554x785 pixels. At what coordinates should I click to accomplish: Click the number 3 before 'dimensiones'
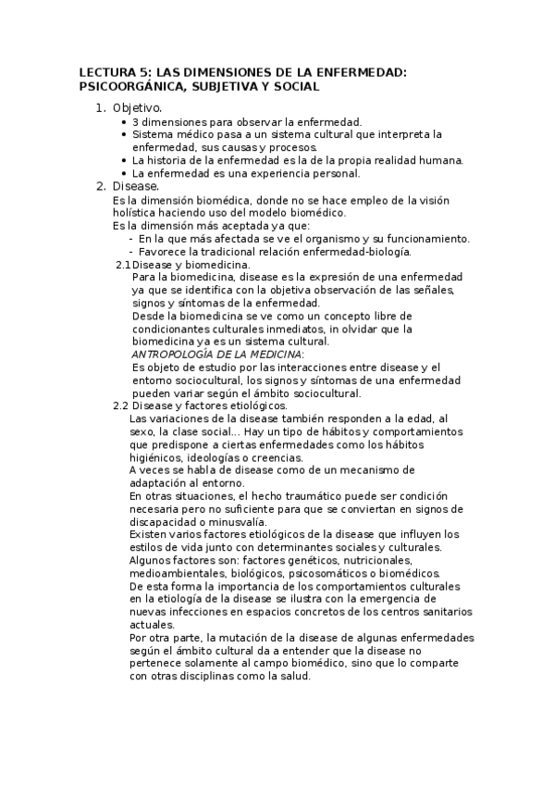[x=136, y=121]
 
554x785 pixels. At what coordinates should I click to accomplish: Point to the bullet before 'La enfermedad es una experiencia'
[x=124, y=173]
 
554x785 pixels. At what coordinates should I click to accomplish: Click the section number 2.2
[x=121, y=405]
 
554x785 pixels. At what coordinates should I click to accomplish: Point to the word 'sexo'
[x=144, y=431]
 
